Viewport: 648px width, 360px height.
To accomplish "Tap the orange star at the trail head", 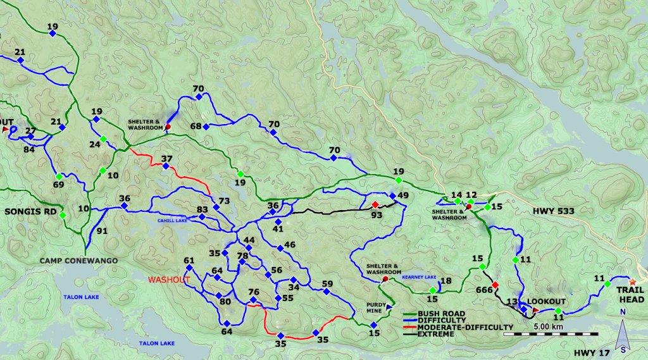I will tap(632, 281).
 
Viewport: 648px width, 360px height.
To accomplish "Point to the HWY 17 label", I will tap(589, 352).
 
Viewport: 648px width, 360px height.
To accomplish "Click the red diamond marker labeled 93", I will tap(375, 204).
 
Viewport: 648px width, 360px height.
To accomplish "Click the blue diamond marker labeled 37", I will tap(165, 166).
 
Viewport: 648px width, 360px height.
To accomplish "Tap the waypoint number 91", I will tap(103, 231).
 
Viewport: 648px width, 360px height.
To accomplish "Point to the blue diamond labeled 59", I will tap(326, 292).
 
